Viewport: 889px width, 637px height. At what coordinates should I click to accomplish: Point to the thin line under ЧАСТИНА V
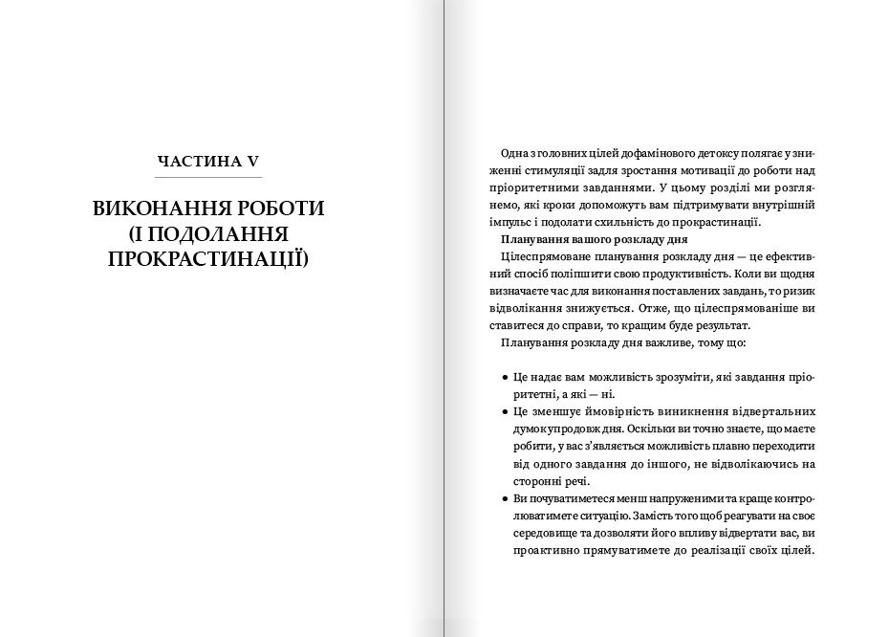click(x=208, y=178)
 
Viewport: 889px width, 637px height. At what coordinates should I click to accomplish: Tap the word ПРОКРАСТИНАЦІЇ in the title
click(x=208, y=259)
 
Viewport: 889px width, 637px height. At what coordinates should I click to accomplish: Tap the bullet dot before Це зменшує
click(x=504, y=411)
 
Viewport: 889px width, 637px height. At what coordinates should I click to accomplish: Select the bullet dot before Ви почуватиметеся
click(x=504, y=498)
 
